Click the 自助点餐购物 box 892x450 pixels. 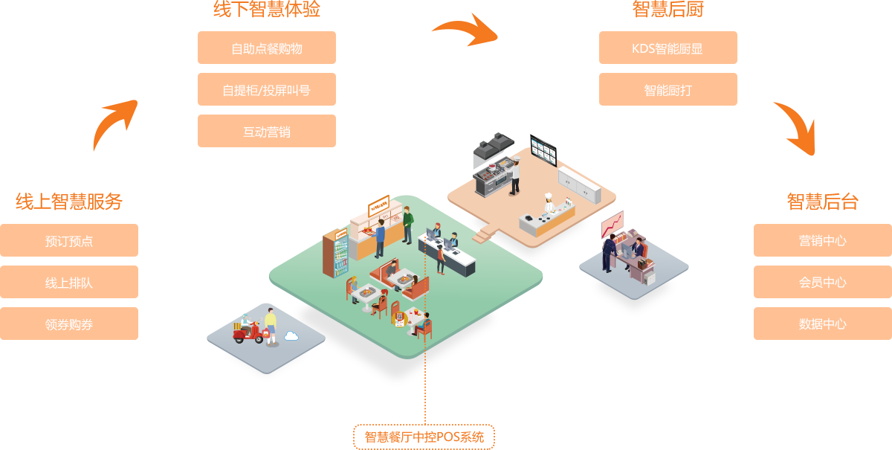[x=266, y=48]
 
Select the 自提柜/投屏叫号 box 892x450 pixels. [x=266, y=89]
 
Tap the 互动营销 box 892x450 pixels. [x=266, y=131]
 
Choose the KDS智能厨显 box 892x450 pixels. [x=668, y=48]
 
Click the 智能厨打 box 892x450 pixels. [x=668, y=89]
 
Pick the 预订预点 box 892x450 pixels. [x=69, y=240]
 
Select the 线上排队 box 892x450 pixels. [x=69, y=282]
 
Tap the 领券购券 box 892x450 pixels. [x=69, y=324]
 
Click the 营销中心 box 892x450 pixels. [x=822, y=240]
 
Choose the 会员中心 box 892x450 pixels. [x=822, y=282]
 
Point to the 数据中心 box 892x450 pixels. [x=822, y=324]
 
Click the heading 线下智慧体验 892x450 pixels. [x=267, y=10]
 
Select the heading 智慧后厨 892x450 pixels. [x=668, y=10]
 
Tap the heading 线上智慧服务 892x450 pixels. [x=69, y=202]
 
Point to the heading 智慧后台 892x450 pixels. [x=822, y=202]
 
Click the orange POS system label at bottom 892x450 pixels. [x=424, y=437]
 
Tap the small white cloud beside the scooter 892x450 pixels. [x=291, y=336]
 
